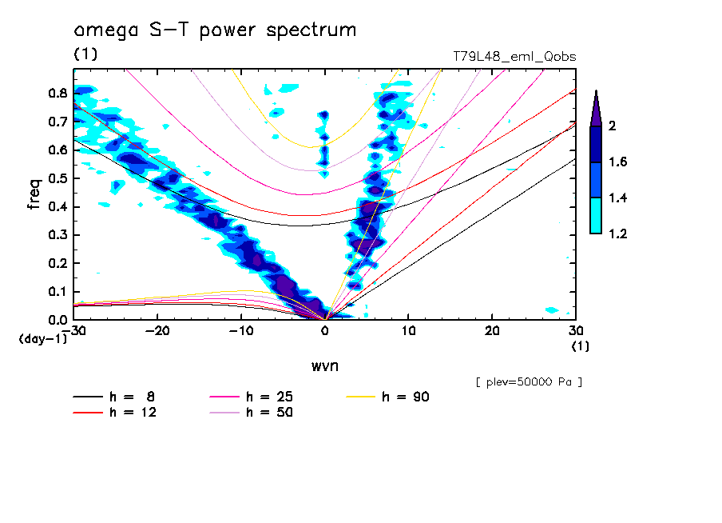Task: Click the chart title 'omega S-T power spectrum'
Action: tap(215, 31)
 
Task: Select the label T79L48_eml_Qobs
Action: tap(514, 56)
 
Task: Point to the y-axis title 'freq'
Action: tap(34, 194)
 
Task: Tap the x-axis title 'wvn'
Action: tap(324, 365)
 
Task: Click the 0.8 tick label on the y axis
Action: tap(58, 93)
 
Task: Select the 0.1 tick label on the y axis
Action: tap(58, 292)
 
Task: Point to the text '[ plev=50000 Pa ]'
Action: tap(529, 382)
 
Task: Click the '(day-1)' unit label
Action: tap(43, 339)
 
